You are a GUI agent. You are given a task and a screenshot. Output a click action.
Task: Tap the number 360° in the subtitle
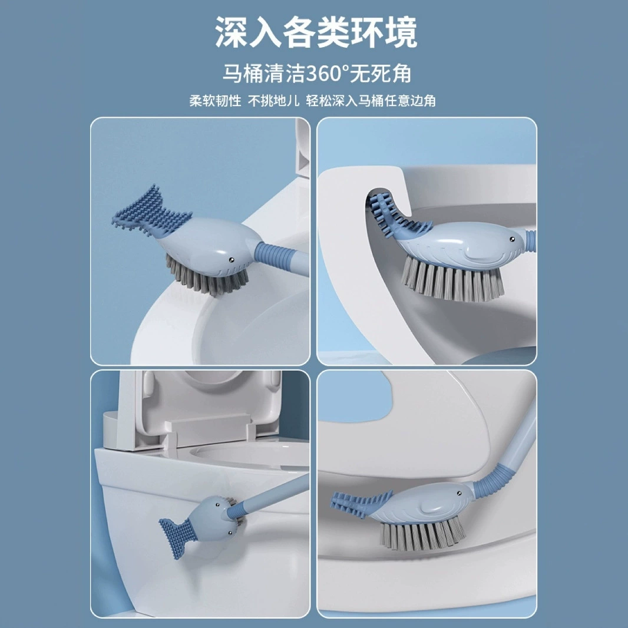click(x=328, y=73)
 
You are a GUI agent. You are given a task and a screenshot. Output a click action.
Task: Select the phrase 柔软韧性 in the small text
click(x=215, y=101)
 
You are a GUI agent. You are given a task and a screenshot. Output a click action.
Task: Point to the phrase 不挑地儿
click(x=273, y=101)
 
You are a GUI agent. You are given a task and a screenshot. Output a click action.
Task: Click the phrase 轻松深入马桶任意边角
click(x=371, y=101)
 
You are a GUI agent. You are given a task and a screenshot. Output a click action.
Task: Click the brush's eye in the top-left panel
click(x=232, y=260)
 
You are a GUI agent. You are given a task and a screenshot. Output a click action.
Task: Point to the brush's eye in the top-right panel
click(x=511, y=240)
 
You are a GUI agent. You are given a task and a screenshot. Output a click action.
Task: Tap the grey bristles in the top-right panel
click(x=452, y=279)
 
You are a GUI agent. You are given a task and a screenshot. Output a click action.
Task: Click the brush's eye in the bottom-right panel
click(x=459, y=493)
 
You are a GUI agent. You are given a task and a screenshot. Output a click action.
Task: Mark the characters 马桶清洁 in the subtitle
click(x=265, y=73)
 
